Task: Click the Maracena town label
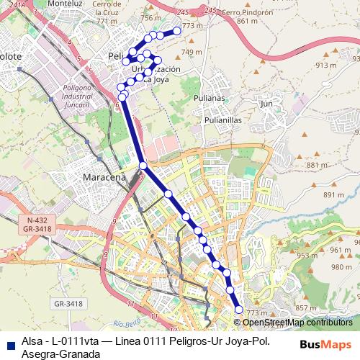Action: (x=104, y=177)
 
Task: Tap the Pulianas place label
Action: (x=210, y=98)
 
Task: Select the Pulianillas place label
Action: (x=223, y=120)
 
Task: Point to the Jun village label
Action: (x=266, y=104)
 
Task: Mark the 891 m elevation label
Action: (x=333, y=195)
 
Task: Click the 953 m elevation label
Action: (x=307, y=256)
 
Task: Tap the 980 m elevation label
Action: (x=341, y=267)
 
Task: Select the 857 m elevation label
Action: (x=306, y=308)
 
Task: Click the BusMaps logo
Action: (x=325, y=343)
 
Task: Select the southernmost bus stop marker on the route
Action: (x=239, y=310)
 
